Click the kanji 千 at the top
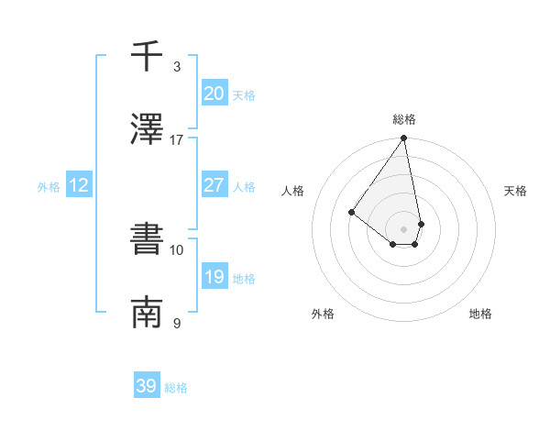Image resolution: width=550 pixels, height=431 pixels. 147,57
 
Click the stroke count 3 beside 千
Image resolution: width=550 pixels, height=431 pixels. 177,67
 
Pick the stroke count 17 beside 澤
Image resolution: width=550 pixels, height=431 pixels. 177,140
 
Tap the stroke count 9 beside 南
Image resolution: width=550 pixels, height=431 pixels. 177,324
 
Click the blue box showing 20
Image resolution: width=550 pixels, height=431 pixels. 214,94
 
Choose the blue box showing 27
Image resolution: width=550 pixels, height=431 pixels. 214,185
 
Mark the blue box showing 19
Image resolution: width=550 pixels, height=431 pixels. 214,277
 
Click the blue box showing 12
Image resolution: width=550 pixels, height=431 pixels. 79,185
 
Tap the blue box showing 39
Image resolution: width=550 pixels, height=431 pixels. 146,387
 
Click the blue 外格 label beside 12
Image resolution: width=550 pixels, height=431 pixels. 49,187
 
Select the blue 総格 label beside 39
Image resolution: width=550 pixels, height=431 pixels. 176,389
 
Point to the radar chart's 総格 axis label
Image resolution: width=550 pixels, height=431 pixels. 404,120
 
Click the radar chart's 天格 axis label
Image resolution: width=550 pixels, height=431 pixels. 515,191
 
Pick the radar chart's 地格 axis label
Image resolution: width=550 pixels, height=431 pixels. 480,315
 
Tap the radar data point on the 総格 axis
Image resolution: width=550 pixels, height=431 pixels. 403,138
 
